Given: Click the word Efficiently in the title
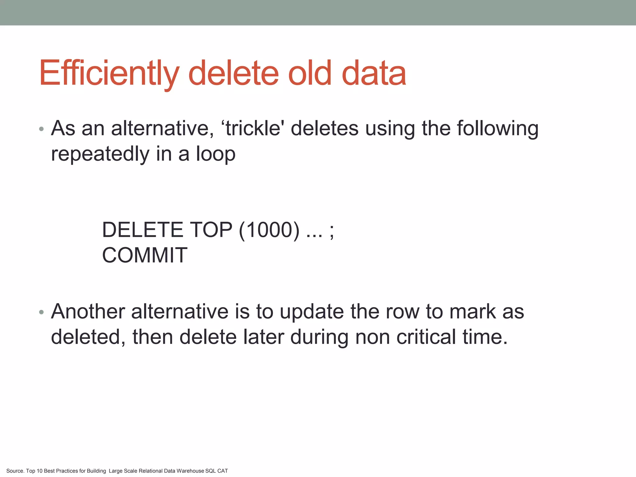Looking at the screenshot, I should (x=109, y=73).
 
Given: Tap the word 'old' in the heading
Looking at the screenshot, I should (x=310, y=73).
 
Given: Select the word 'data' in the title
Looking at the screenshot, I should (x=374, y=73).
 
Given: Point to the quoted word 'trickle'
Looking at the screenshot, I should (x=253, y=128).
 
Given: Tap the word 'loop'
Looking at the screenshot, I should (x=216, y=154).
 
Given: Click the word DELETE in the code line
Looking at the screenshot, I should (x=143, y=230).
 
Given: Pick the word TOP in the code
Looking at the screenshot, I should (x=211, y=230).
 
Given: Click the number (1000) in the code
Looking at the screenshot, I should (x=269, y=230).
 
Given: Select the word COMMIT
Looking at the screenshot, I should (x=145, y=255).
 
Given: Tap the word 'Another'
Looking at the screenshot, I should (x=88, y=311).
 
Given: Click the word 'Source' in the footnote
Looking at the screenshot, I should (x=15, y=471).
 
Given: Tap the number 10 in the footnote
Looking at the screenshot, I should (x=39, y=471).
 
